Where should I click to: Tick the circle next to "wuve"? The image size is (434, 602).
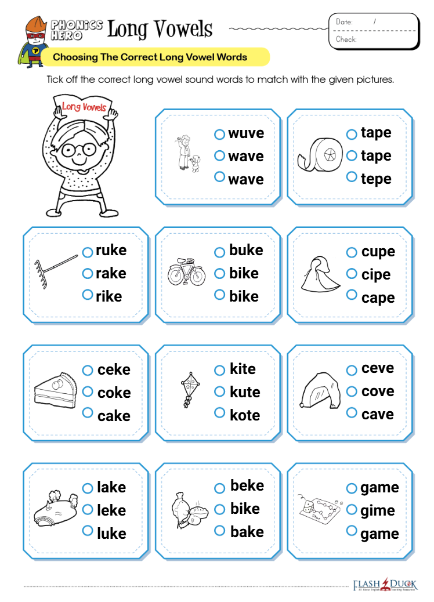coord(219,134)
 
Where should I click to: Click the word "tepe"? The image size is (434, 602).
coord(376,179)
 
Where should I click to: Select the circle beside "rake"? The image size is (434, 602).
coord(88,273)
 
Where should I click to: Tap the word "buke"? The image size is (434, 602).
coord(246,250)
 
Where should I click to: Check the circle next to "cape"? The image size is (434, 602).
coord(352,295)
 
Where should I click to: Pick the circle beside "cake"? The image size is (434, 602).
coord(88,413)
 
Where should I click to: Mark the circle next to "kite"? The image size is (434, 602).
coord(219,370)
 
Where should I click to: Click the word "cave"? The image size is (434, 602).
coord(378,414)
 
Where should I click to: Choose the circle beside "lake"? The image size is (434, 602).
coord(88,488)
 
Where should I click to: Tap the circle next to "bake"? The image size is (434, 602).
coord(219,530)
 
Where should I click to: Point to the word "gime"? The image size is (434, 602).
coord(378,511)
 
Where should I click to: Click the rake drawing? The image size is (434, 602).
coord(56,271)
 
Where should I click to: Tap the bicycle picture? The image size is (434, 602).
coord(186,271)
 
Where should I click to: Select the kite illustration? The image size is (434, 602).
coord(190,389)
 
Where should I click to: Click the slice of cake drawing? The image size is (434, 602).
coord(56,390)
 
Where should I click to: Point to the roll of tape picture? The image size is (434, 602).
coord(320,155)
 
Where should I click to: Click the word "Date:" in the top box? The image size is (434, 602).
coord(344,22)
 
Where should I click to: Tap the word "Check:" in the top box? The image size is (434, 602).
coord(346,39)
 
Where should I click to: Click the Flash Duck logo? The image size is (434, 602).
coord(385,585)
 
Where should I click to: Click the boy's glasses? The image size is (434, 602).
coord(78,150)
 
